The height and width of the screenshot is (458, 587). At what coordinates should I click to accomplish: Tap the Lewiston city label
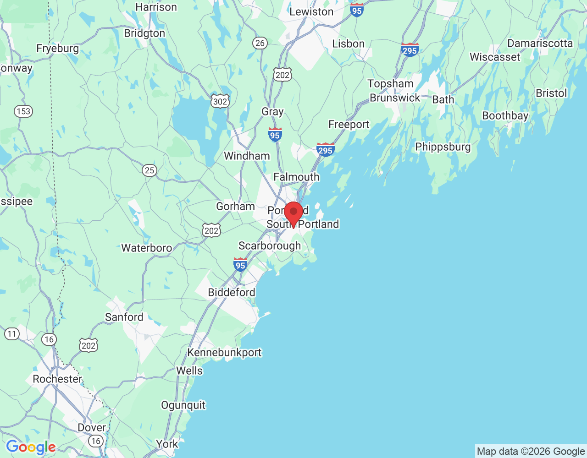pos(311,12)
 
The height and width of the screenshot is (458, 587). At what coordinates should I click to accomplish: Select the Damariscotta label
pos(540,44)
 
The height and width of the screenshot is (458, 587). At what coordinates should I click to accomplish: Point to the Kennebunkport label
pos(224,353)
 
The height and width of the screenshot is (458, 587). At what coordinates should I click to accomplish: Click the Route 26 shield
pos(260,43)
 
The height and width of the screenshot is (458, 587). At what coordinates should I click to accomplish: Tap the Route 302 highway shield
pos(220,101)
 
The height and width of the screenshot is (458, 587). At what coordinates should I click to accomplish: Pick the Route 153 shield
pos(23,111)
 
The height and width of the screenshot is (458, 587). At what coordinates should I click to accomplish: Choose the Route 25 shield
pos(149,170)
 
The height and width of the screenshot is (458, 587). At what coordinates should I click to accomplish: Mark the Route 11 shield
pos(12,334)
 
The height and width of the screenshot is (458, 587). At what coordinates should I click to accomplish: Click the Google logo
pos(31,447)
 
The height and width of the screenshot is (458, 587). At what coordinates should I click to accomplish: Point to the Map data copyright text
pos(531,452)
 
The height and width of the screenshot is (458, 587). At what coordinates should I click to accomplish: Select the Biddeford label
pos(231,292)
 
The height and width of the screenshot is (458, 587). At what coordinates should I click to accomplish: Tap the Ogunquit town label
pos(183,405)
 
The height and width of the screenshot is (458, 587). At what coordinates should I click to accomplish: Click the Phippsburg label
pos(443,147)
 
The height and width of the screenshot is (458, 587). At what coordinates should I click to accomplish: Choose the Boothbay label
pos(505,116)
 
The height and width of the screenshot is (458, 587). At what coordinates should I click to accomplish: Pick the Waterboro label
pos(146,248)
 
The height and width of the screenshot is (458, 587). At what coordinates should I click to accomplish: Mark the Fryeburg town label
pos(57,49)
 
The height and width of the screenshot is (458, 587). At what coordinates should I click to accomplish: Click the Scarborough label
pos(270,246)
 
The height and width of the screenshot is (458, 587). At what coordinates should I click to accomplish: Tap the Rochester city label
pos(57,379)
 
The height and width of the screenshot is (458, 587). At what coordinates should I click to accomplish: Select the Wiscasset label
pos(495,57)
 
